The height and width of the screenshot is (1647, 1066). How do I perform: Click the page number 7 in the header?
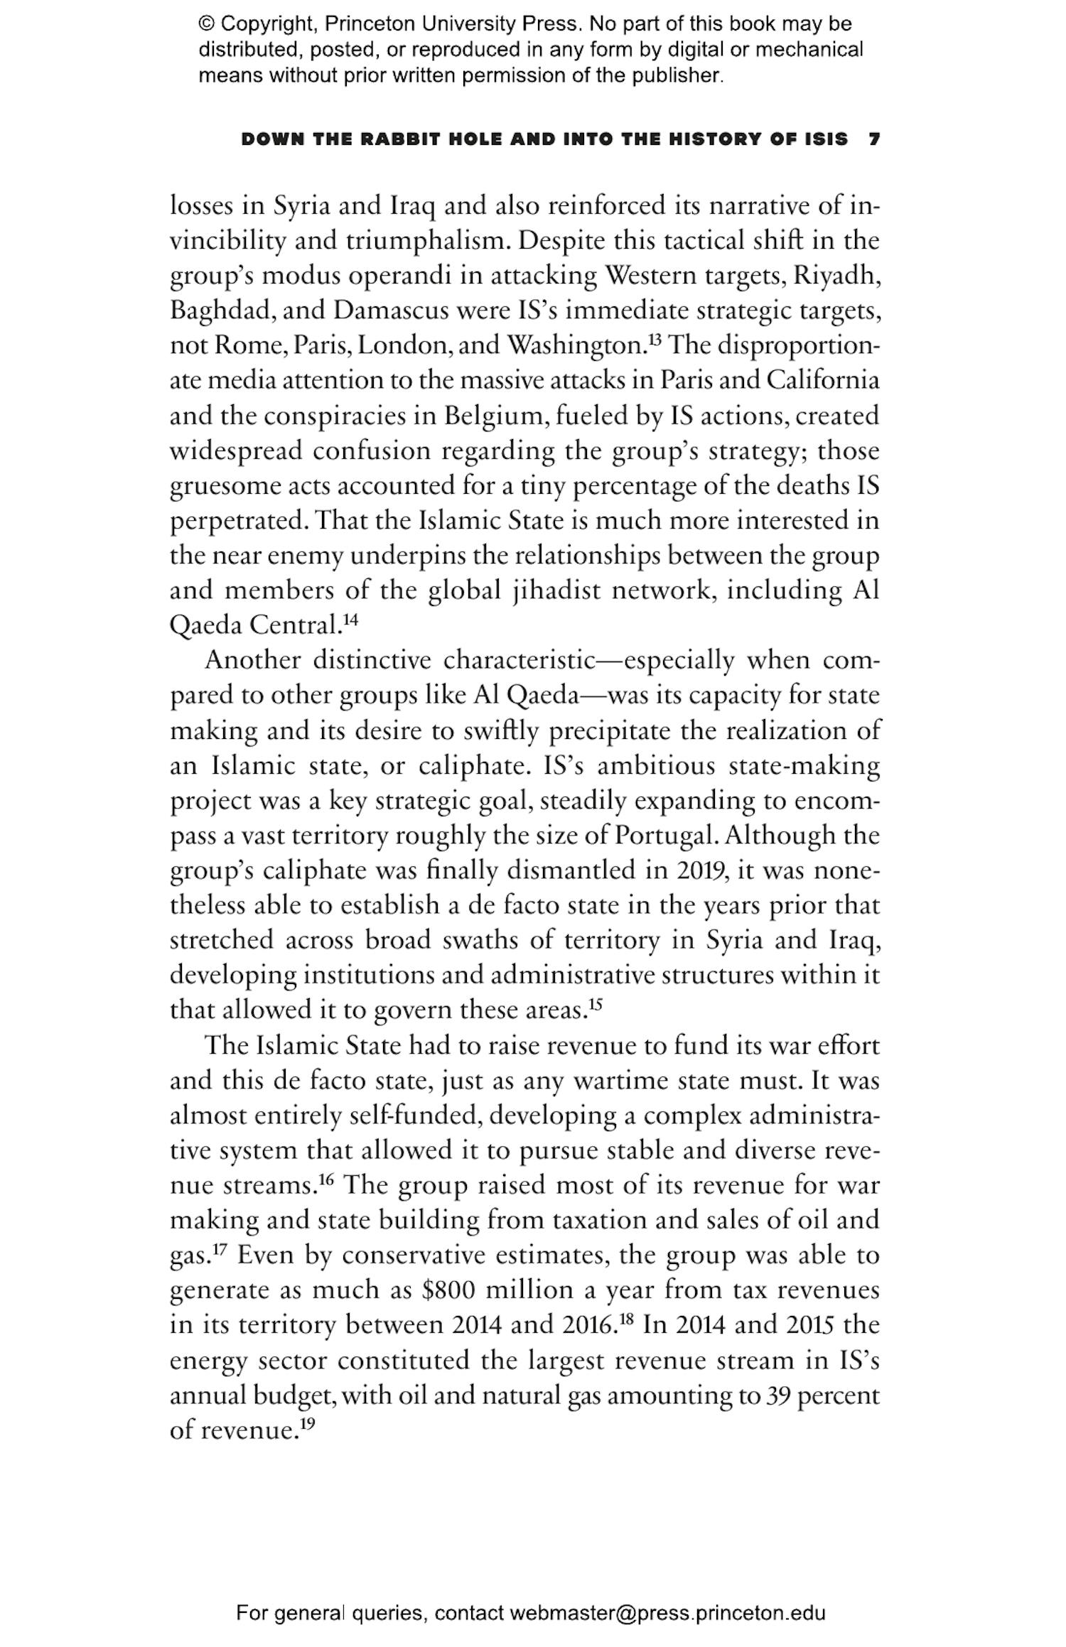coord(874,139)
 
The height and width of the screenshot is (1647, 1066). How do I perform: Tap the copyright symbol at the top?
coord(206,24)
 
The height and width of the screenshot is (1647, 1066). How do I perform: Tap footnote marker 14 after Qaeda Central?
coord(350,620)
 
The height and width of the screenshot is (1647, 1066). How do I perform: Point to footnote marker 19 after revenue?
coord(306,1423)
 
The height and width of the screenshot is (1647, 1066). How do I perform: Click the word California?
coord(822,381)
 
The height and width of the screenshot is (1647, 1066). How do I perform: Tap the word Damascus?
coord(394,311)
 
